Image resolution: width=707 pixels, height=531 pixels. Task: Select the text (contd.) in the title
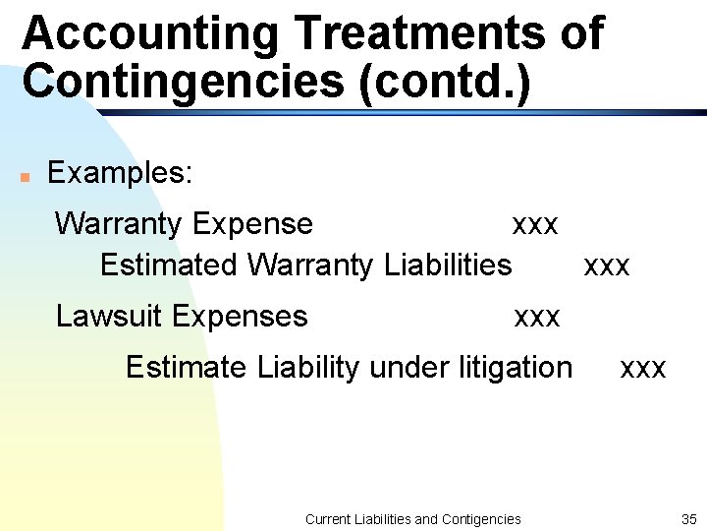click(446, 81)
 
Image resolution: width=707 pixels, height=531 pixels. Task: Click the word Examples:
click(120, 173)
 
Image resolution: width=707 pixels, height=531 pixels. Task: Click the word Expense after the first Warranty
click(253, 224)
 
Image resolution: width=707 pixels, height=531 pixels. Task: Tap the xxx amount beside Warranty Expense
click(535, 225)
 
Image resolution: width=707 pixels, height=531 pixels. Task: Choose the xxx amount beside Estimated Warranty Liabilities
click(607, 266)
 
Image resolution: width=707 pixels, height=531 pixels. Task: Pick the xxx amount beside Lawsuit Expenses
click(537, 318)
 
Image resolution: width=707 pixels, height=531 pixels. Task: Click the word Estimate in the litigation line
click(187, 368)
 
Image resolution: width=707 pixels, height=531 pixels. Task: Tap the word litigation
click(516, 368)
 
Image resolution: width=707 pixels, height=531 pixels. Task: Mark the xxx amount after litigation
click(643, 369)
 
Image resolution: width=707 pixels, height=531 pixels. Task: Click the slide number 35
click(687, 518)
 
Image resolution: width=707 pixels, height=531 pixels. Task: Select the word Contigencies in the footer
click(482, 519)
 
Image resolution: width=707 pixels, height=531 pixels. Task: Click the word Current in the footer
click(329, 519)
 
